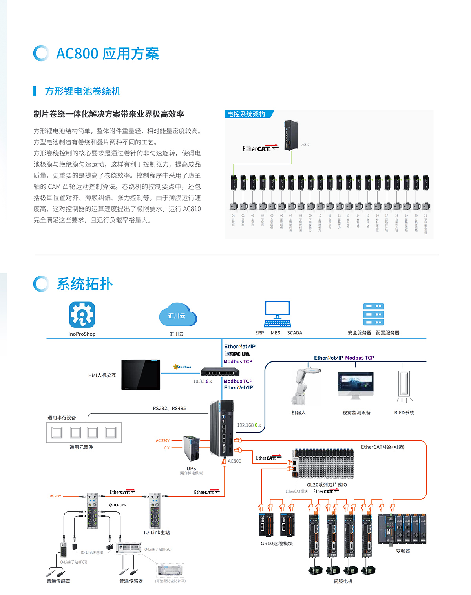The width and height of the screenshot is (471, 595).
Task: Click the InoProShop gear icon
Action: [x=82, y=314]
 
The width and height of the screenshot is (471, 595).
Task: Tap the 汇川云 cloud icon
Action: [x=177, y=315]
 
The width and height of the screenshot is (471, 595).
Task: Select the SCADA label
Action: [x=294, y=333]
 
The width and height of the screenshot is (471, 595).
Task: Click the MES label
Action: [x=276, y=333]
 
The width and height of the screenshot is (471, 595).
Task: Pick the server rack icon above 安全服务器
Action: [x=373, y=314]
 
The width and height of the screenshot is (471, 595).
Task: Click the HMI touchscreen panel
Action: [x=141, y=374]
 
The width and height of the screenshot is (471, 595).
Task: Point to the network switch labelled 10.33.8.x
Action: [x=220, y=372]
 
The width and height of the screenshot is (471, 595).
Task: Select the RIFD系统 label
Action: [x=404, y=412]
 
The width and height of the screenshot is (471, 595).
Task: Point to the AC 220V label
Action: [x=162, y=440]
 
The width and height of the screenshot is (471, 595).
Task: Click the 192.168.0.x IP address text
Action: [x=249, y=425]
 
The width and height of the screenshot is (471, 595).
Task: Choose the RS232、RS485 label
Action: [x=169, y=408]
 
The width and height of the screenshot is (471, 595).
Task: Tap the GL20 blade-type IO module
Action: [x=324, y=464]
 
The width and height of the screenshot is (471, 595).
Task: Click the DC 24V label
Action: [x=55, y=496]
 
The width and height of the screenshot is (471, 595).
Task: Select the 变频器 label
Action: [x=403, y=551]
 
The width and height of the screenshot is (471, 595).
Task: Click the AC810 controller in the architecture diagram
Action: [x=291, y=135]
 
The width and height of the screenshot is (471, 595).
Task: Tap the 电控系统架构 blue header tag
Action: [x=246, y=114]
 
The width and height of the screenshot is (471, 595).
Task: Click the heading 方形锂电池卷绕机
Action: [x=82, y=91]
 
